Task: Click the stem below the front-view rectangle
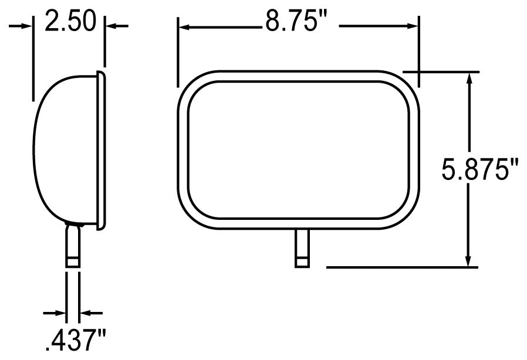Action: coord(302,249)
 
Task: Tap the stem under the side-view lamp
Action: coord(73,249)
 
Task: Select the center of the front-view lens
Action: coord(298,150)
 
